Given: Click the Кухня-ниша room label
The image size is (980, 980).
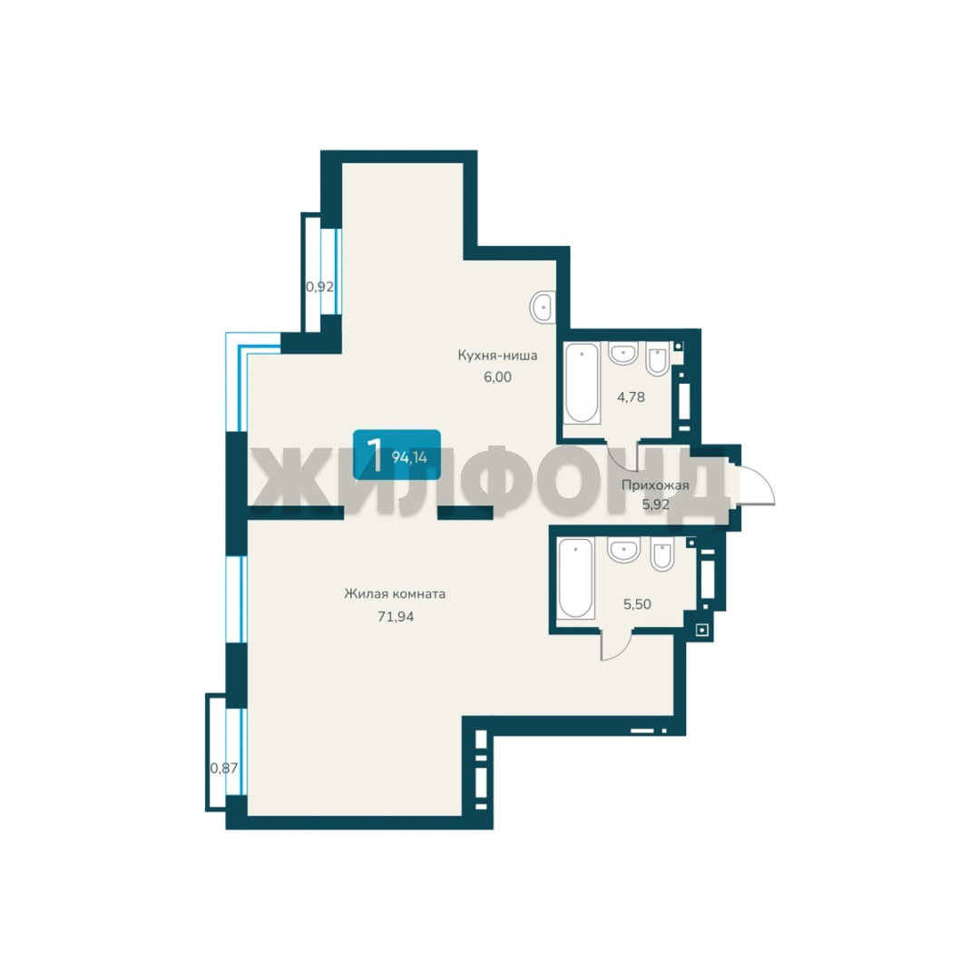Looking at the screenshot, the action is point(497,356).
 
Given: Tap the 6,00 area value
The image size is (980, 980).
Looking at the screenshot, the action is point(497,377).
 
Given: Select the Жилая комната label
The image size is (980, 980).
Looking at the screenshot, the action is point(395,593).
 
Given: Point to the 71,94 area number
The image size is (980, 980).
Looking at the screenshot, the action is point(396,616).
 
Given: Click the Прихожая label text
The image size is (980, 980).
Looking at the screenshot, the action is point(655,485).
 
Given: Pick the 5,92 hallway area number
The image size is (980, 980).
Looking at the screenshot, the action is point(656,504).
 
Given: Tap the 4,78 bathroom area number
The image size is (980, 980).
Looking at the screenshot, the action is point(632,397).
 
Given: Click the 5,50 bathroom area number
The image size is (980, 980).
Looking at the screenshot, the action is point(637,603).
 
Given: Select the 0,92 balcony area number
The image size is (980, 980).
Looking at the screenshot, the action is point(319,287).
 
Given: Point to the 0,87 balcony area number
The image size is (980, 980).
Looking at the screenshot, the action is point(224,768).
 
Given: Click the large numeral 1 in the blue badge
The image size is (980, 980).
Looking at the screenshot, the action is point(375,455).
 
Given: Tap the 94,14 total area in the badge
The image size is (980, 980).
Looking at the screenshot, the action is point(409,457).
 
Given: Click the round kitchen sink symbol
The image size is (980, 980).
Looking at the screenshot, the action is point(543,307).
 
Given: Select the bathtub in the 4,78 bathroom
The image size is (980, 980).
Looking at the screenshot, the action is point(582,383).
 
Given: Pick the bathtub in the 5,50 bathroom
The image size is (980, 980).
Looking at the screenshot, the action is point(575,578).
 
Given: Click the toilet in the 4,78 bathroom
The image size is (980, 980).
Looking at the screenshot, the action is point(658,358).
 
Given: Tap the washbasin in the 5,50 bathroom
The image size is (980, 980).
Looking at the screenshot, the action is point(623,550).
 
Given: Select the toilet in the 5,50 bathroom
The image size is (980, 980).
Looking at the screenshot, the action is point(661,555).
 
